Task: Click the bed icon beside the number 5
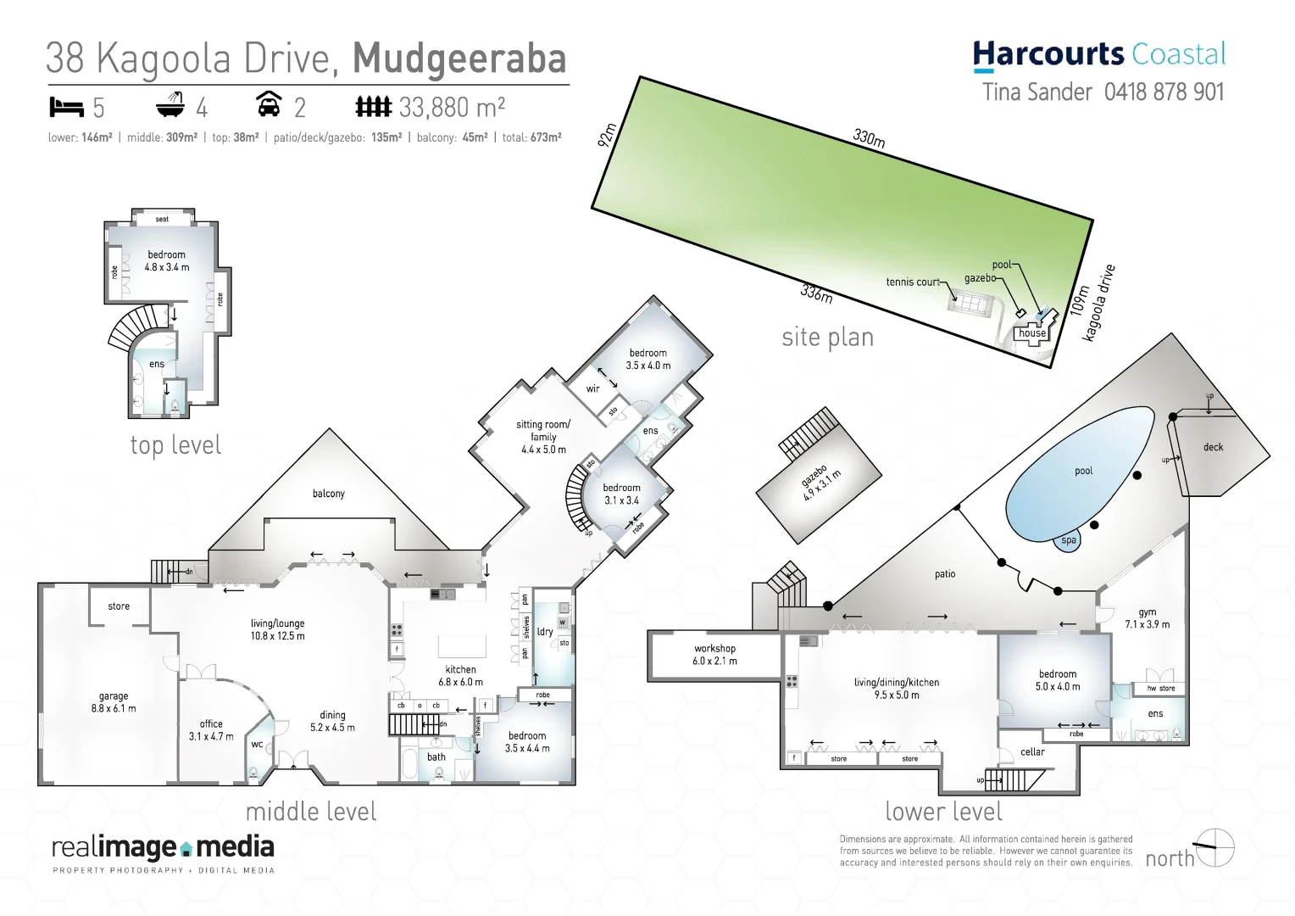(x=67, y=107)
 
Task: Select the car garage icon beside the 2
(x=269, y=104)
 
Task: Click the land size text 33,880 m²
(x=452, y=108)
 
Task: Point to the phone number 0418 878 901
(x=1164, y=92)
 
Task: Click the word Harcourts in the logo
(x=1048, y=54)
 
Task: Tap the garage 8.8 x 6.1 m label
(x=114, y=702)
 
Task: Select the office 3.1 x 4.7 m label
(x=211, y=730)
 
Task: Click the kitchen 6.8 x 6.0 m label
(x=460, y=675)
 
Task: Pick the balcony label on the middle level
(x=329, y=494)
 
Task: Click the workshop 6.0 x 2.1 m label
(x=714, y=655)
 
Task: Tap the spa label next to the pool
(x=1069, y=540)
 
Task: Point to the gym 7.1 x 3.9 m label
(x=1147, y=618)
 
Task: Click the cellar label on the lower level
(x=1032, y=752)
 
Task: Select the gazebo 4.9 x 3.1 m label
(x=820, y=483)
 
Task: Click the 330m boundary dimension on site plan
(x=869, y=138)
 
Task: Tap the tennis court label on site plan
(x=913, y=282)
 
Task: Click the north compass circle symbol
(x=1214, y=847)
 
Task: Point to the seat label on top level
(x=162, y=219)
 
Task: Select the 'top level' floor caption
(x=175, y=445)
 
